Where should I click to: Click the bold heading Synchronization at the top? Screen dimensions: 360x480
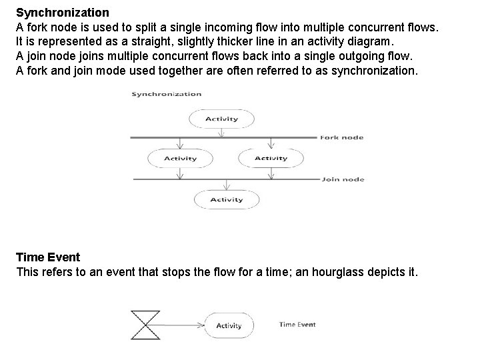(x=63, y=13)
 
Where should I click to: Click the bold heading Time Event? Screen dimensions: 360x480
(x=48, y=257)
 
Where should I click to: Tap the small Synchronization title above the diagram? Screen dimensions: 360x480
(x=166, y=94)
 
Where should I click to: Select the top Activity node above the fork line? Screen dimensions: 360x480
(x=221, y=119)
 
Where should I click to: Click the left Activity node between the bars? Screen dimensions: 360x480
(x=180, y=159)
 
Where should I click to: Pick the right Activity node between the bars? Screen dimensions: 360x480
(x=271, y=159)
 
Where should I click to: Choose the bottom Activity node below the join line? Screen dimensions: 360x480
(x=227, y=199)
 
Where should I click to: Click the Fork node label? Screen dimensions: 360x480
(x=342, y=137)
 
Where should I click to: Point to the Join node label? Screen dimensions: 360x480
(x=343, y=179)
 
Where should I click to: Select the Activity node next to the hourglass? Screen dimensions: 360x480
(x=229, y=325)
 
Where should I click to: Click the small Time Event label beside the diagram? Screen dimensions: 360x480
(x=297, y=325)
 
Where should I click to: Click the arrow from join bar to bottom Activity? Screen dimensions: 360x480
(x=227, y=185)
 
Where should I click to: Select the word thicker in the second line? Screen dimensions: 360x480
(x=233, y=41)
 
